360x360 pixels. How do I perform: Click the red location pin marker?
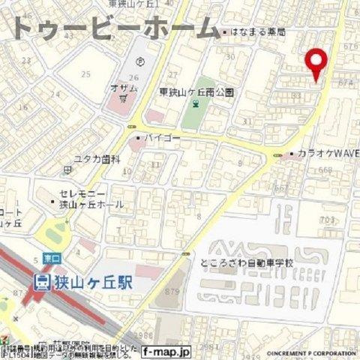click(318, 63)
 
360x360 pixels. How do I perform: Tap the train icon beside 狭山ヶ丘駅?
click(42, 281)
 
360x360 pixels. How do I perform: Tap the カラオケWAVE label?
click(321, 154)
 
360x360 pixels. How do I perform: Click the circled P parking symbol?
click(137, 62)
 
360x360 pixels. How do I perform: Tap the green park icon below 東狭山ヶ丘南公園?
click(196, 106)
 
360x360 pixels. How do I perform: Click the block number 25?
click(86, 73)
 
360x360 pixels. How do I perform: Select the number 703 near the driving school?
click(326, 219)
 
